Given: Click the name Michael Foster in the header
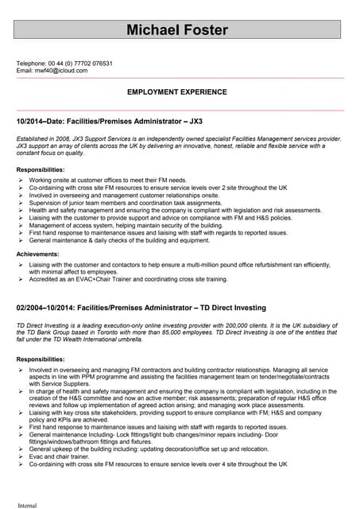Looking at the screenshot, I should [x=178, y=30].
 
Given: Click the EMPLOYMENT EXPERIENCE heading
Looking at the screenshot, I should [x=177, y=92].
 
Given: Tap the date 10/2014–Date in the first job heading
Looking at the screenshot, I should [x=43, y=122].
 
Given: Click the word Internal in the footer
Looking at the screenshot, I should [x=27, y=503].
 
